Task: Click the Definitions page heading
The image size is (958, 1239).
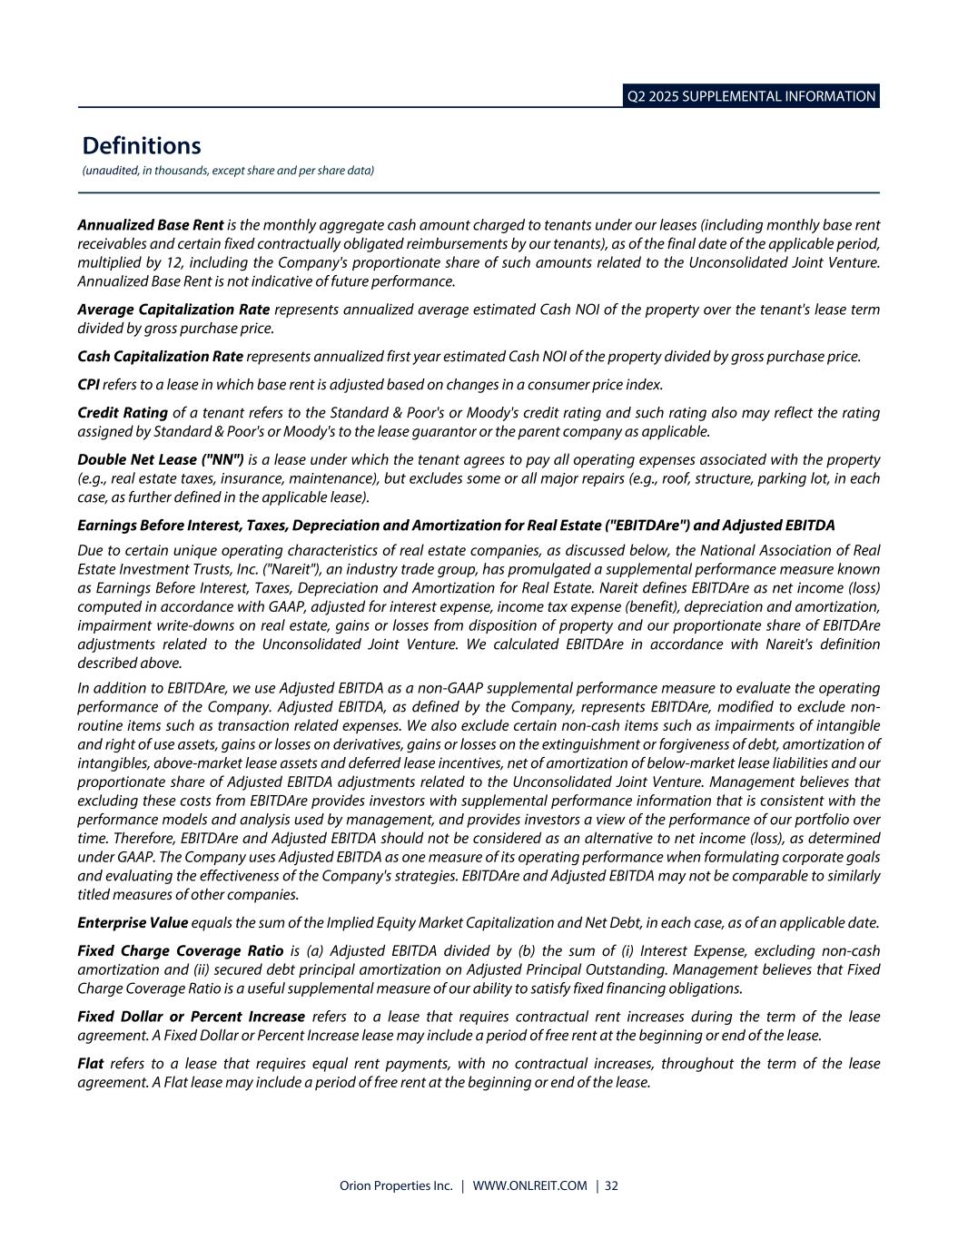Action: coord(142,145)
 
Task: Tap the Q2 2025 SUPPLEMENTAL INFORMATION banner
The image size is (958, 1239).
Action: coord(751,96)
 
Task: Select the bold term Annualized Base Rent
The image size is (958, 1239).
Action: coord(151,224)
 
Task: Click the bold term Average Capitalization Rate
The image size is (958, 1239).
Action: coord(173,310)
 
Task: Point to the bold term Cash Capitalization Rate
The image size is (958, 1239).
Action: coord(160,356)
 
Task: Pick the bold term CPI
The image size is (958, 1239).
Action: coord(89,384)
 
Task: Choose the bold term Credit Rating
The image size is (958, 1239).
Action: coord(123,413)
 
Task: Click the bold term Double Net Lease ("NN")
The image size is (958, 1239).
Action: coord(161,459)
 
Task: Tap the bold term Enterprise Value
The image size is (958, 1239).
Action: coord(133,923)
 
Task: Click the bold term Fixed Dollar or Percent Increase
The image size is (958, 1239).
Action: coord(192,1017)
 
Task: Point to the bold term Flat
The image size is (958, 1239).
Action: coord(91,1063)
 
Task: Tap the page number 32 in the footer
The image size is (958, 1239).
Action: coord(611,1185)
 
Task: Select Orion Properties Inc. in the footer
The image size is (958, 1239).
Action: coord(396,1185)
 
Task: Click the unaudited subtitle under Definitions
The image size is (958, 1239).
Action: coord(228,171)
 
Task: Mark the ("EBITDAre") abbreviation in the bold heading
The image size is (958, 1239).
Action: coord(645,526)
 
